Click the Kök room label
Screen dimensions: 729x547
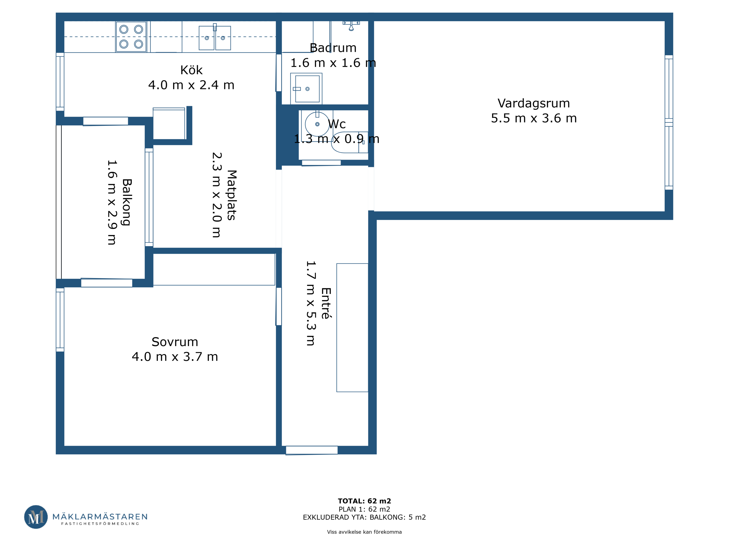click(x=191, y=70)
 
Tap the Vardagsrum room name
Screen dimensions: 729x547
click(x=534, y=103)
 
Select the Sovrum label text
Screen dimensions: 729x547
click(x=175, y=342)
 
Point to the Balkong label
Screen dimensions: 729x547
click(x=127, y=202)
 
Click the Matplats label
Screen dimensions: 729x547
click(x=232, y=195)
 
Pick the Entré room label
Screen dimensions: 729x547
click(x=326, y=303)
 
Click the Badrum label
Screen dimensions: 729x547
click(x=333, y=48)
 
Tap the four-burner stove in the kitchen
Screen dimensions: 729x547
click(x=131, y=37)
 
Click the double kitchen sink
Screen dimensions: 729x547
click(x=215, y=37)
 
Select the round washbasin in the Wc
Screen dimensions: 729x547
click(x=317, y=124)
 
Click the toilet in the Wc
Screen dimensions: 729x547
click(x=350, y=142)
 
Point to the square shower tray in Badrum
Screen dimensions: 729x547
click(x=306, y=89)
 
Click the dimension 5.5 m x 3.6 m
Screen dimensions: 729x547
click(x=534, y=118)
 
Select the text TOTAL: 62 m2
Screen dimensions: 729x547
click(x=364, y=501)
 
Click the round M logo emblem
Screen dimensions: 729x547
click(x=36, y=517)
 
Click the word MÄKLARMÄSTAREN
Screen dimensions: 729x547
click(x=100, y=517)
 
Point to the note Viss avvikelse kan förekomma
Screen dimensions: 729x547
click(x=364, y=532)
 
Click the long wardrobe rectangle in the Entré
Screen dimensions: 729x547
click(x=352, y=328)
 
